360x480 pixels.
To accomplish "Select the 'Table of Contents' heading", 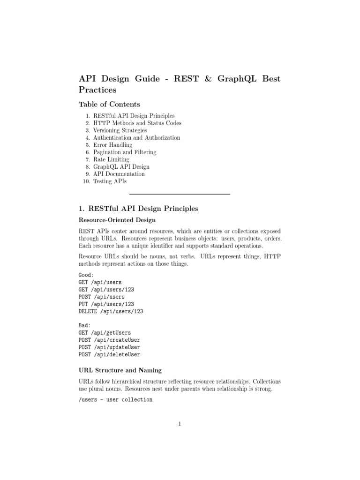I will click(x=110, y=104).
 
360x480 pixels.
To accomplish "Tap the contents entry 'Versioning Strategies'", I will click(x=120, y=130).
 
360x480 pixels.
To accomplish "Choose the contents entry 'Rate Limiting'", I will click(x=111, y=159).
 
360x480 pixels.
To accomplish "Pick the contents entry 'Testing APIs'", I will click(x=110, y=181).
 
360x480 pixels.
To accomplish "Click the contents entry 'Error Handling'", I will click(x=112, y=145).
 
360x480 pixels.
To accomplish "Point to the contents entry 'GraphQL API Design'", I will click(x=121, y=166).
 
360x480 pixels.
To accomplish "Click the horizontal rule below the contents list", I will click(x=180, y=194).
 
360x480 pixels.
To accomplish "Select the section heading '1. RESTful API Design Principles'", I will click(x=139, y=208).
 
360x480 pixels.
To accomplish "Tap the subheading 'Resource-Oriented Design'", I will click(x=117, y=220).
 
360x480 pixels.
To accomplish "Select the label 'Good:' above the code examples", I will click(x=86, y=275).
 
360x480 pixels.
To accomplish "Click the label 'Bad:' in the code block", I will click(x=85, y=325).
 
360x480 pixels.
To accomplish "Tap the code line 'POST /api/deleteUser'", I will click(x=110, y=354).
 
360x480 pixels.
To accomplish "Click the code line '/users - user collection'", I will click(x=116, y=399).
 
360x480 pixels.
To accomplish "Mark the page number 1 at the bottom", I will click(x=180, y=424).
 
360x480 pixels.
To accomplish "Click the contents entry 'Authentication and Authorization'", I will click(x=136, y=138).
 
